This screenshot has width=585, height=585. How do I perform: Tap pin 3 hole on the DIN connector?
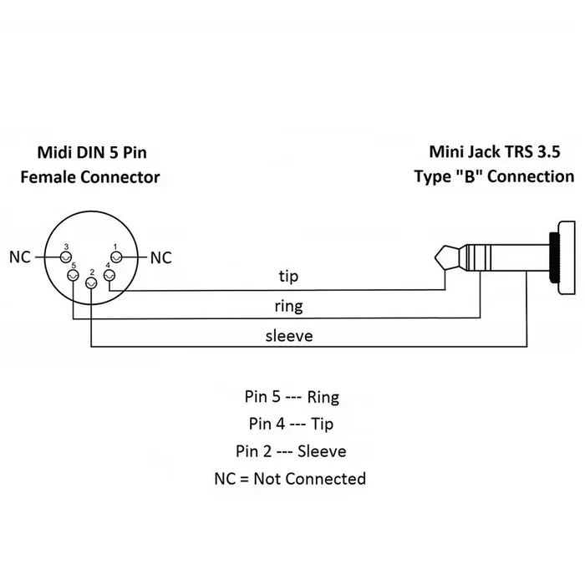(67, 257)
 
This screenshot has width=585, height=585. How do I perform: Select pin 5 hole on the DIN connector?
(74, 276)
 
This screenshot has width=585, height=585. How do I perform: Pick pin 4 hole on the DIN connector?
(108, 276)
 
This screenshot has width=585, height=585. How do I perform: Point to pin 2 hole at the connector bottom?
(90, 284)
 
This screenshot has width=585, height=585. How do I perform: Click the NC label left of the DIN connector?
(20, 257)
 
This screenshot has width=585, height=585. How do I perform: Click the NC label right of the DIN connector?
(161, 257)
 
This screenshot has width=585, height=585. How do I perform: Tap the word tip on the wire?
(287, 277)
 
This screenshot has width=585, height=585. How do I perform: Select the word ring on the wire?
(287, 307)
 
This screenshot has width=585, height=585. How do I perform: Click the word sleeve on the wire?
(288, 336)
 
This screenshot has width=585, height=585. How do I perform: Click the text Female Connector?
(89, 177)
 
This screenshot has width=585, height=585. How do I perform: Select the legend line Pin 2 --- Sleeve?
(289, 451)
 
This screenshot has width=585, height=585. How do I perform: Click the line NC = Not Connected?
(289, 479)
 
